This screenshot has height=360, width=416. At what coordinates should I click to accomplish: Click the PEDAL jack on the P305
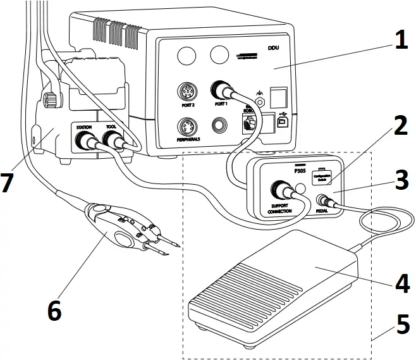[322, 201]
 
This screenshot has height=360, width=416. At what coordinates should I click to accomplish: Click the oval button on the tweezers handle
[123, 239]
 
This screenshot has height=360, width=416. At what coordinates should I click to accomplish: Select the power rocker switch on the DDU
[276, 97]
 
